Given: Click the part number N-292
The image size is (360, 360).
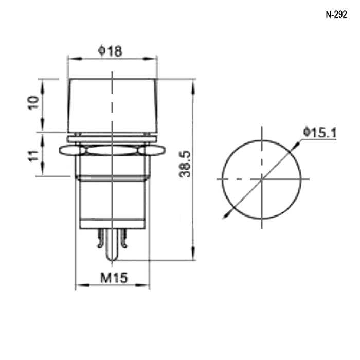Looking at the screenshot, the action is [x=336, y=15].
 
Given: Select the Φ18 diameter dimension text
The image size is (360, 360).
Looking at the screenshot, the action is [x=110, y=51].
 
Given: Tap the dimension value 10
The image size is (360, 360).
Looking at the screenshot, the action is [x=33, y=102].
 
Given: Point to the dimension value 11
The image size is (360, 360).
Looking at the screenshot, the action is [x=33, y=156].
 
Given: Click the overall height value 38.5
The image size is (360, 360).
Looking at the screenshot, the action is [x=185, y=164].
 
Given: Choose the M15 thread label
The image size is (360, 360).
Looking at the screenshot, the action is [x=114, y=278].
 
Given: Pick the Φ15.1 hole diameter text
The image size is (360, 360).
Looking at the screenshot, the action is [x=320, y=133].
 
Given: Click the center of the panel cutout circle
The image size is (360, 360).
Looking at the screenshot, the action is [x=262, y=179].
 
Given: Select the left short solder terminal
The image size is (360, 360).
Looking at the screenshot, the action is [x=100, y=238].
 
